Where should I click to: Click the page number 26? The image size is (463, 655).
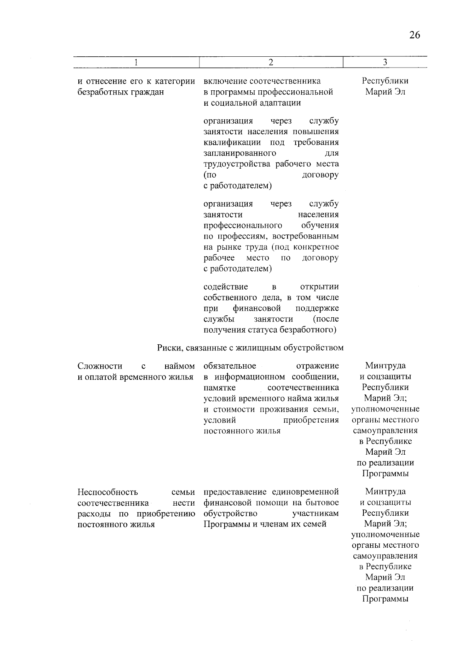tap(414, 36)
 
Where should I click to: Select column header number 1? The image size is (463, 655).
tap(136, 63)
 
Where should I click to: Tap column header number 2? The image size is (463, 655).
tap(271, 63)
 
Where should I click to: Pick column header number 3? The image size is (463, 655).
tap(385, 63)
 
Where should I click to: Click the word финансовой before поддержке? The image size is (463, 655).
tap(257, 309)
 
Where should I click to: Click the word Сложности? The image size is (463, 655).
tap(100, 366)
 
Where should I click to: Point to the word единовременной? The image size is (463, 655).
tap(305, 492)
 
